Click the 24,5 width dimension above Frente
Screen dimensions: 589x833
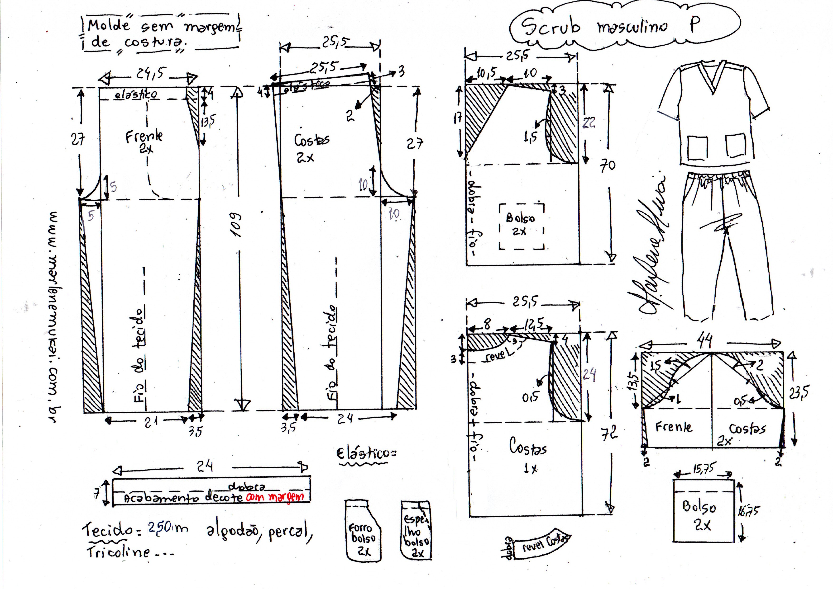(149, 74)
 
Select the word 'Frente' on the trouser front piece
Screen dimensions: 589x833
(144, 137)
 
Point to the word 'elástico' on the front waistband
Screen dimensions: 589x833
(136, 95)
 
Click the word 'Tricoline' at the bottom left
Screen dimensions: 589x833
(118, 552)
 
